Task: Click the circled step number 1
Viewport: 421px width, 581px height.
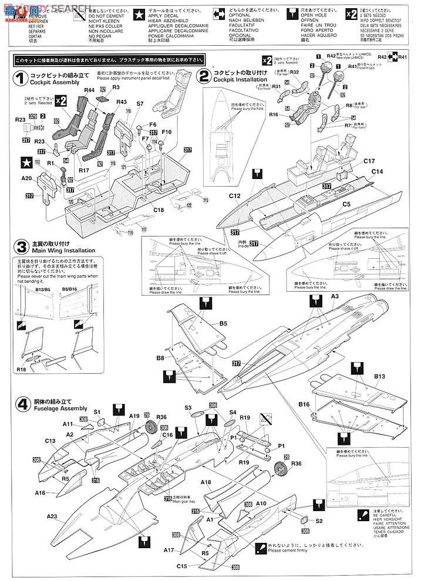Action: coord(21,77)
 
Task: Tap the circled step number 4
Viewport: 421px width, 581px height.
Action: coord(21,404)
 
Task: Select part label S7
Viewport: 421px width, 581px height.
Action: coord(140,104)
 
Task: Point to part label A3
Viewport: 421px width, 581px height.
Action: coord(335,297)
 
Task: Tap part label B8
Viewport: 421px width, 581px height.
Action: coord(160,357)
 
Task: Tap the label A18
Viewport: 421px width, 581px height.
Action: coord(205,482)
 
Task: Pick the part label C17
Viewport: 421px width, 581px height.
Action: coord(369,161)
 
